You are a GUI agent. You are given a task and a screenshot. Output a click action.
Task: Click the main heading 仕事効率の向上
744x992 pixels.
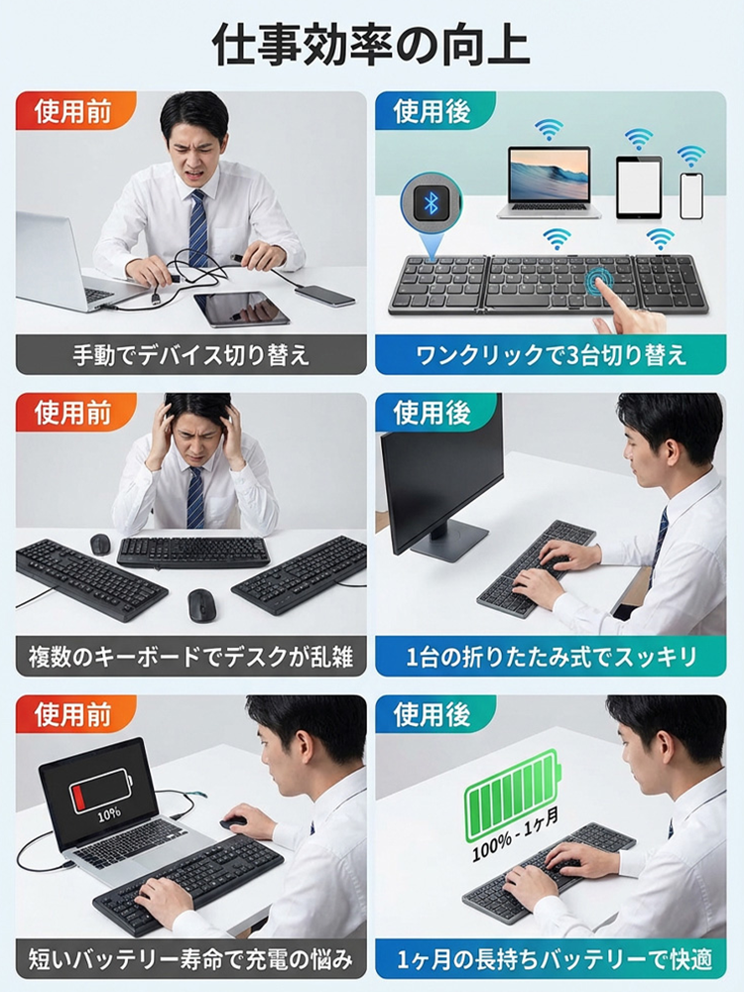point(371,45)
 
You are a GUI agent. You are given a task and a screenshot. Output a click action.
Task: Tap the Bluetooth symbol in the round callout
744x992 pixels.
point(431,202)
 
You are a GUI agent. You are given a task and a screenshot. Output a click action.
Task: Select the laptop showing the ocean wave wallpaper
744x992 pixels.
point(549,178)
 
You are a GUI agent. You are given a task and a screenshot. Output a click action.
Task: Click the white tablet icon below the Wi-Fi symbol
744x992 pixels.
point(638,186)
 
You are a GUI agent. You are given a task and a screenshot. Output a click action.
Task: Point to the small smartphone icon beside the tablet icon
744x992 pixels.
point(690,194)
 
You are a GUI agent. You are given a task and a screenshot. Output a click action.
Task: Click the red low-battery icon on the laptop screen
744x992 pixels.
point(99,790)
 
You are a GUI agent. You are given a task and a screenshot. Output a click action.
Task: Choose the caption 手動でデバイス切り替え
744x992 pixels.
point(190,354)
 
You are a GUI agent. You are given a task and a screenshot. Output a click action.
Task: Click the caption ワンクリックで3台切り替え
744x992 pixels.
point(551,354)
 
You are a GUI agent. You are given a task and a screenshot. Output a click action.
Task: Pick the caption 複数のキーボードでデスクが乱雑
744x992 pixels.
point(190,656)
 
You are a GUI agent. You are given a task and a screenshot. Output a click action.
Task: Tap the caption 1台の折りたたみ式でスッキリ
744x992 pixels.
point(551,656)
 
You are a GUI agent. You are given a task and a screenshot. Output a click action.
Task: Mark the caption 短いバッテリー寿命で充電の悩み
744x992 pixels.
point(190,958)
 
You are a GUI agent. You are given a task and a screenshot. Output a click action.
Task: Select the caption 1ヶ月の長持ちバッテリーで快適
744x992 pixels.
point(551,958)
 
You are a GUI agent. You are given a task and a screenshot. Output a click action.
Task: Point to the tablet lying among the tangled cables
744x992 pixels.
point(241,309)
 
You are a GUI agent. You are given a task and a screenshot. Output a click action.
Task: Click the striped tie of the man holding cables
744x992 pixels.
point(198,228)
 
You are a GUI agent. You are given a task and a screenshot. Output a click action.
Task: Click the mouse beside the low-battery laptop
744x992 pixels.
point(233,822)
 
